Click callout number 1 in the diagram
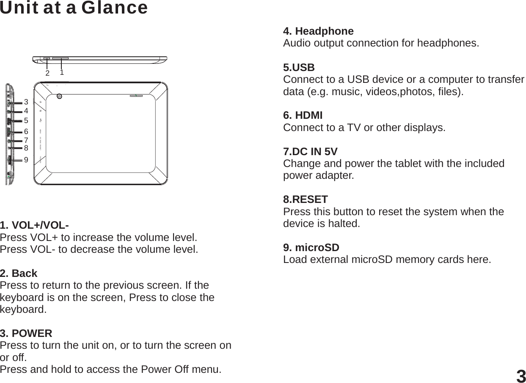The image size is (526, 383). click(62, 72)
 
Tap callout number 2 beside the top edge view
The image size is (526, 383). click(47, 73)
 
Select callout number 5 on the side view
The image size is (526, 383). click(26, 120)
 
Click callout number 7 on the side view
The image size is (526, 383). click(26, 140)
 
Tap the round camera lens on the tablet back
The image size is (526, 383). click(59, 96)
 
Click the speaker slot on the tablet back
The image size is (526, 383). click(136, 96)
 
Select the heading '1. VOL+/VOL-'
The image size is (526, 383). click(35, 224)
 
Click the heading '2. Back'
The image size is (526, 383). click(19, 273)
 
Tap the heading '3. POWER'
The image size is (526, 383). click(26, 333)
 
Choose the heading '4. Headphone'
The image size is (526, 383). click(318, 31)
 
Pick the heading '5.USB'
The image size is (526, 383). click(299, 68)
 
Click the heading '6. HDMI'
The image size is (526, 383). click(303, 115)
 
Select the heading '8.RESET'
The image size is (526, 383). click(305, 199)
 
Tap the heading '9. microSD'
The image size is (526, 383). click(311, 247)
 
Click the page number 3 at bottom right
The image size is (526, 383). click(521, 376)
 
